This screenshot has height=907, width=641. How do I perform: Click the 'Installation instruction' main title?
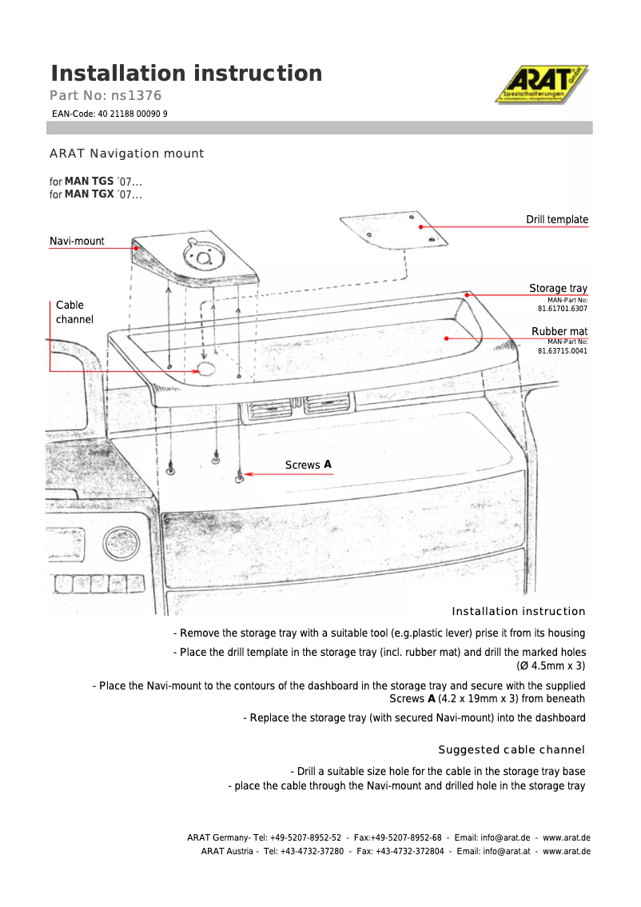pyautogui.click(x=186, y=74)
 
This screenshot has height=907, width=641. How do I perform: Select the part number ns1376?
pyautogui.click(x=106, y=96)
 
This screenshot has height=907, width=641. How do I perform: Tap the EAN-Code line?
pyautogui.click(x=109, y=114)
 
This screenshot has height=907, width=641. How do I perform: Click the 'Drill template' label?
pyautogui.click(x=556, y=220)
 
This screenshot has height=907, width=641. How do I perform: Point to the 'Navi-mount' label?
pyautogui.click(x=77, y=241)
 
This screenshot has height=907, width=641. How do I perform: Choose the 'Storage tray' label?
pyautogui.click(x=558, y=289)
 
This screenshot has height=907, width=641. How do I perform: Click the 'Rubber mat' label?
pyautogui.click(x=559, y=331)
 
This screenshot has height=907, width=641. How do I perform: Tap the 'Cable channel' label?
pyautogui.click(x=74, y=312)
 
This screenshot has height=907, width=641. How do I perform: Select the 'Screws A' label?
pyautogui.click(x=308, y=465)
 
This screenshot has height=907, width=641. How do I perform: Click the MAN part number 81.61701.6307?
pyautogui.click(x=563, y=308)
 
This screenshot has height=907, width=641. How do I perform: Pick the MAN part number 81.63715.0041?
pyautogui.click(x=563, y=350)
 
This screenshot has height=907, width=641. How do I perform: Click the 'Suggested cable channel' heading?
pyautogui.click(x=512, y=749)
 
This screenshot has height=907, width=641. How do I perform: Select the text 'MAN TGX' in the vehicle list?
pyautogui.click(x=89, y=194)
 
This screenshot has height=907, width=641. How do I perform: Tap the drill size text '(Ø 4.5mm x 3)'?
pyautogui.click(x=551, y=665)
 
